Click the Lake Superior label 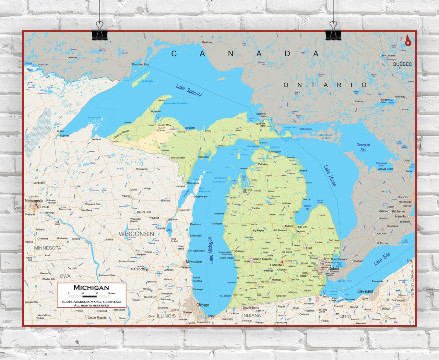[x=189, y=90]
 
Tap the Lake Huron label [x=330, y=175]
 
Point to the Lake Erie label [x=382, y=259]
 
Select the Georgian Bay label [x=363, y=147]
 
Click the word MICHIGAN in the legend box [x=91, y=288]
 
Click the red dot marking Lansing [x=282, y=262]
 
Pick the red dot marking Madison [x=146, y=270]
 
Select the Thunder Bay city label [x=140, y=64]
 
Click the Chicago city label [x=202, y=305]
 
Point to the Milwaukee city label [x=194, y=262]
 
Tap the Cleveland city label [x=365, y=291]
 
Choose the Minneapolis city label [x=34, y=201]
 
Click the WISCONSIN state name [x=136, y=234]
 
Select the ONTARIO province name [x=325, y=85]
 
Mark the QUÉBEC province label [x=402, y=64]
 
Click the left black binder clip [x=100, y=33]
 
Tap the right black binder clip [x=333, y=33]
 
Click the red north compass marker [x=408, y=41]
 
